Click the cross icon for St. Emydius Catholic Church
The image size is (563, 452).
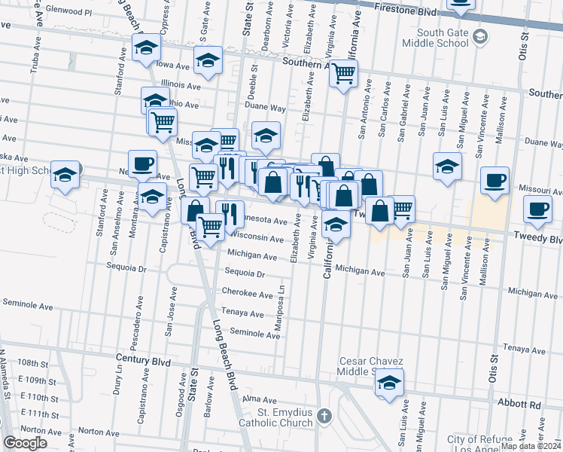[324, 416]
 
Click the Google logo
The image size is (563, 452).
[25, 443]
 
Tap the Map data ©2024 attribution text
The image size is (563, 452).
[531, 446]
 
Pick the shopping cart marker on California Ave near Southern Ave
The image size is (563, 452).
[343, 74]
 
